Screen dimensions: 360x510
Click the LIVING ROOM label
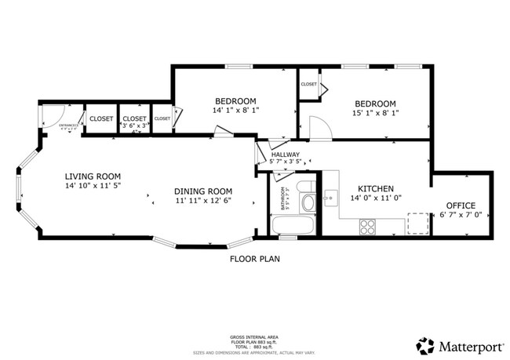93,176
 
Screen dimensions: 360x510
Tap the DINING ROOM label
203,191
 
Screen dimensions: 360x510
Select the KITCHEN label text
376,189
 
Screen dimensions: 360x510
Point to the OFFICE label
460,205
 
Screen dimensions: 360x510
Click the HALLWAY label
286,155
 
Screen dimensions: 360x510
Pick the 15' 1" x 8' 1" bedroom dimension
375,113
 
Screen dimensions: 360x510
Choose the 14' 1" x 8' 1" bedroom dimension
235,111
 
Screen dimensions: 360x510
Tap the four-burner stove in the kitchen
367,227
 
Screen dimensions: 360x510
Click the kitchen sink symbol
330,196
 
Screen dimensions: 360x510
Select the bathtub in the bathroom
293,227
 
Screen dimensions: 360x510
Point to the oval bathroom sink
308,204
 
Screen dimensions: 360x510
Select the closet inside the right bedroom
309,85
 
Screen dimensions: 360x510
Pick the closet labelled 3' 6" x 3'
134,120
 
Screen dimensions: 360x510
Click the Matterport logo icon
425,346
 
